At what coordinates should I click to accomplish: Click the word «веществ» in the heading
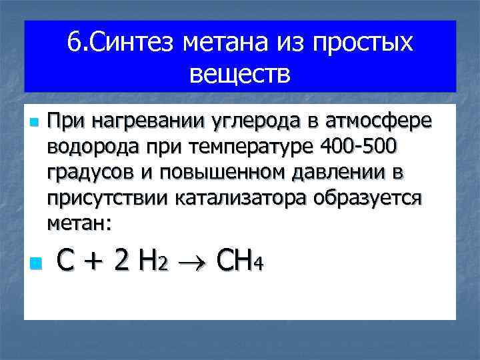tap(240, 74)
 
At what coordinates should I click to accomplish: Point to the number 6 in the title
tap(73, 44)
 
